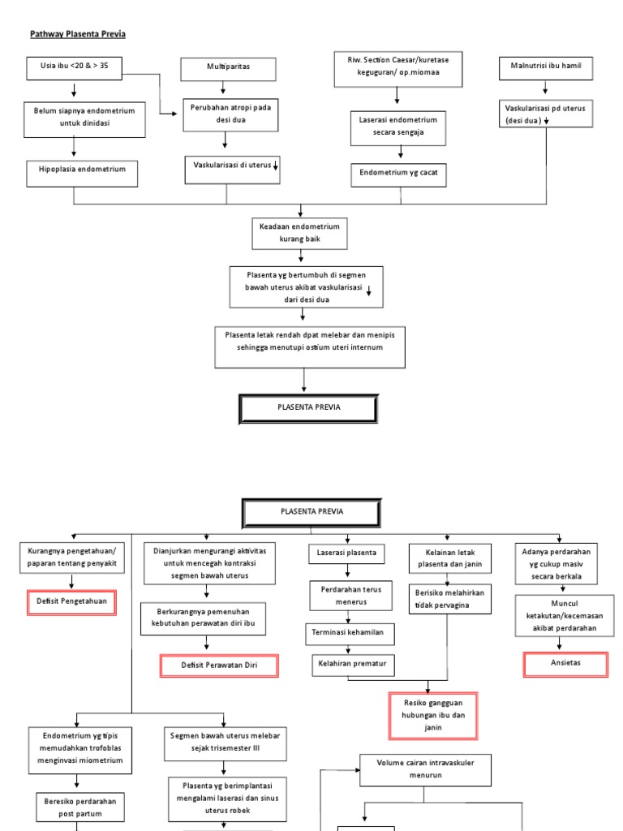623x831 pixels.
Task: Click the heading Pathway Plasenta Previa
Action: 78,34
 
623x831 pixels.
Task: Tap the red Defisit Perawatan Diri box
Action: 219,666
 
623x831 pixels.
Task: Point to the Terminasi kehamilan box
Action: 347,631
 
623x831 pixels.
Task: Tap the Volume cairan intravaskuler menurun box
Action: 425,769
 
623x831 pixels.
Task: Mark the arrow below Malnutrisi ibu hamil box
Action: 544,88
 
